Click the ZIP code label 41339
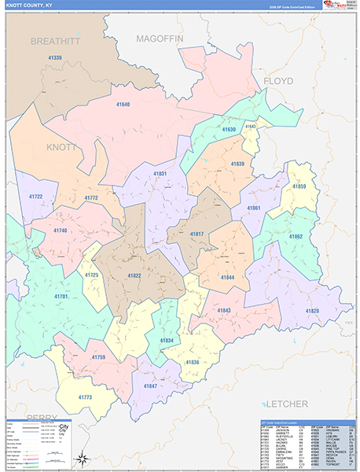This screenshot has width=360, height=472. (55, 57)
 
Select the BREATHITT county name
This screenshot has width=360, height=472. (56, 41)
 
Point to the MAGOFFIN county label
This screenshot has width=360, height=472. (159, 38)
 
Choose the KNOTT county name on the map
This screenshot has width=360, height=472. (62, 147)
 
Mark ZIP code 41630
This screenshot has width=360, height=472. (229, 129)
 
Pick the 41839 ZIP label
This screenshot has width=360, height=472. (237, 164)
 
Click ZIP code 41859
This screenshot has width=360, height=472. (299, 186)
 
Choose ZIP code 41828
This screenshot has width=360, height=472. (312, 312)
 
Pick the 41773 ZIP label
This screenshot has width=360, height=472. (85, 397)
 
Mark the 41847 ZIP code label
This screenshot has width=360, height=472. (149, 387)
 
